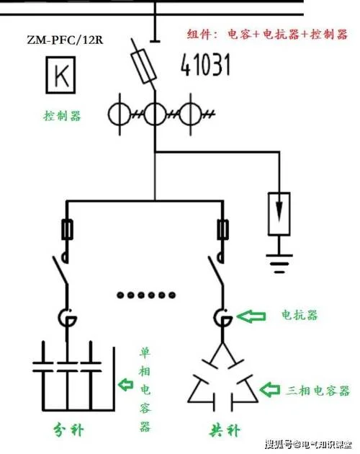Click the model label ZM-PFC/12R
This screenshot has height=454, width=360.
click(65, 40)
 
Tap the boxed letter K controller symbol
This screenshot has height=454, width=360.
click(60, 75)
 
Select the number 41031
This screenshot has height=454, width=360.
click(205, 64)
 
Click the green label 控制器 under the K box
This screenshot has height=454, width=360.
click(62, 116)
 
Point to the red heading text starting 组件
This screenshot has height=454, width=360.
click(267, 34)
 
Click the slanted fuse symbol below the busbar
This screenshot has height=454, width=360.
click(144, 66)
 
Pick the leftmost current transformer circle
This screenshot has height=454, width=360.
click(120, 114)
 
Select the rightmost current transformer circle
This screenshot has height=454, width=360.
click(190, 114)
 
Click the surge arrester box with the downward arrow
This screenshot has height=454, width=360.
click(279, 214)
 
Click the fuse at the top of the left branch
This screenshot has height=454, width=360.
click(67, 230)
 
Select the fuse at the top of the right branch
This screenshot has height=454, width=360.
click(222, 230)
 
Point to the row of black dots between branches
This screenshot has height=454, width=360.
click(146, 295)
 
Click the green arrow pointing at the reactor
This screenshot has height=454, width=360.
click(251, 316)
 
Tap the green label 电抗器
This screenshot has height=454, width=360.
click(300, 315)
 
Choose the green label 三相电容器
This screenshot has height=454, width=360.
click(318, 391)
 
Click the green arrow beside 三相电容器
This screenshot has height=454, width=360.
click(270, 389)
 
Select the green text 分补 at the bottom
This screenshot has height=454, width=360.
click(68, 429)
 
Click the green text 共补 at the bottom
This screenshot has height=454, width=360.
click(225, 429)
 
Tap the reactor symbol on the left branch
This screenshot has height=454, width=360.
click(67, 318)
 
